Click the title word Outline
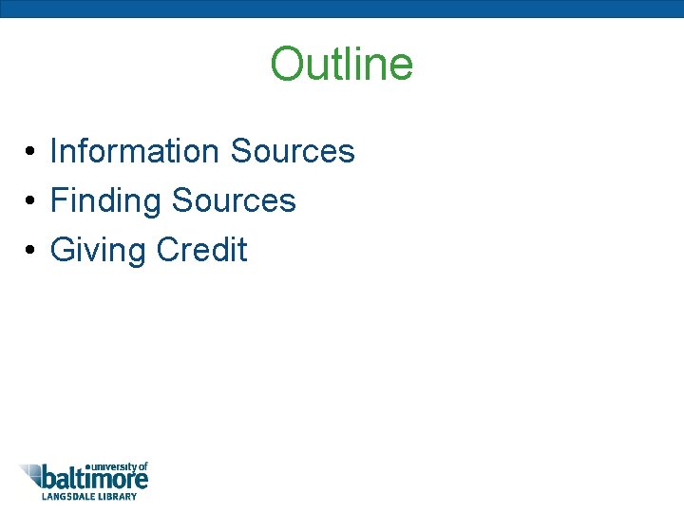coord(342,65)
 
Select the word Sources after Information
coord(292,151)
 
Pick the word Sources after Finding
coord(234,200)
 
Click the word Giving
coord(98,251)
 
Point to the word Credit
coord(201,250)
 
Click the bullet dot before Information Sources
coord(31,152)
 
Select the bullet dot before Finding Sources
coord(31,201)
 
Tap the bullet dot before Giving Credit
coord(31,251)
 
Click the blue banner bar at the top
coord(342,9)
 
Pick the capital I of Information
coord(53,151)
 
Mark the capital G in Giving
coord(63,250)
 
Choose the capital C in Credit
coord(168,250)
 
